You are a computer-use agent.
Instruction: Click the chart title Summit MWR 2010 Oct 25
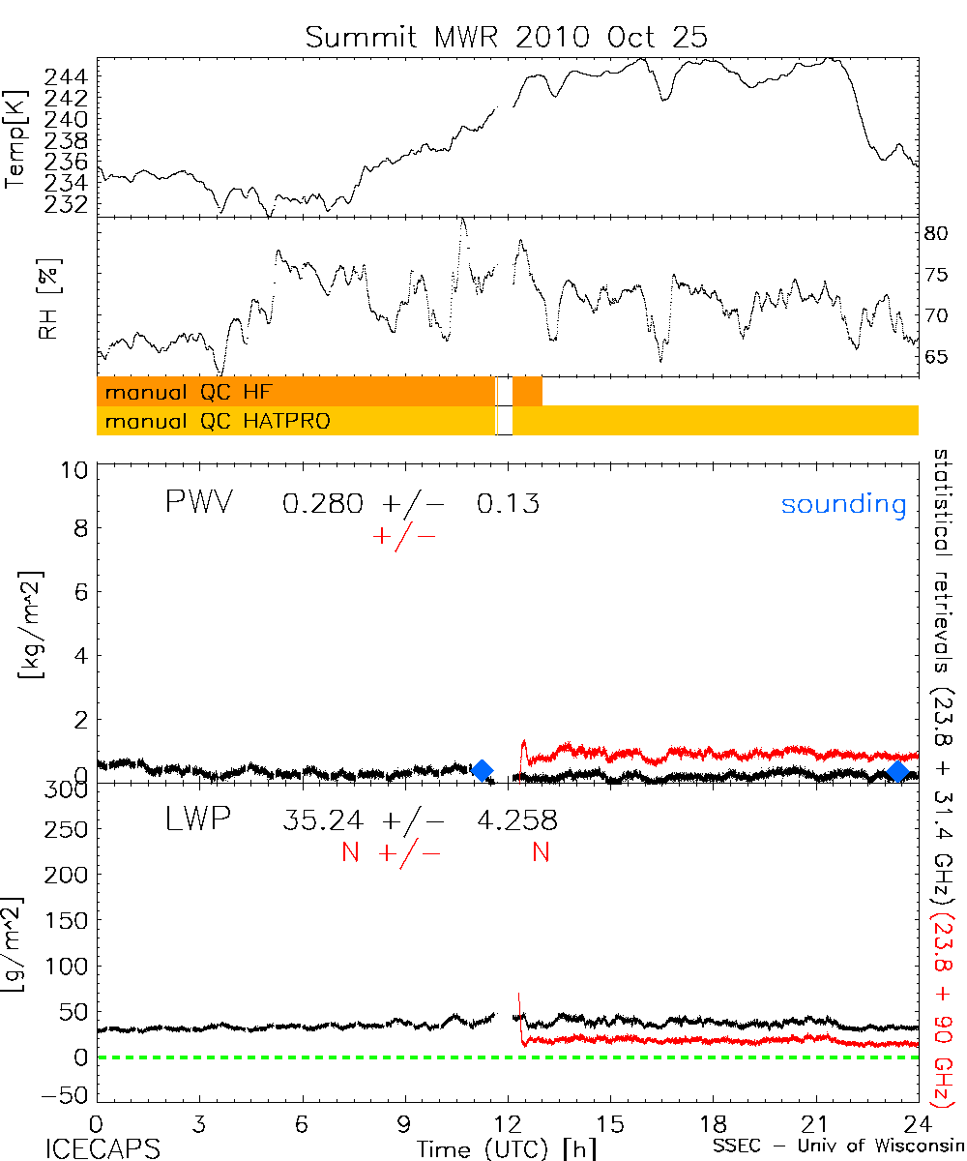507,37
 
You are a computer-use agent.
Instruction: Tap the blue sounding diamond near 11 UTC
482,770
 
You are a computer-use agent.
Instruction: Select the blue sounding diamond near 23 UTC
898,771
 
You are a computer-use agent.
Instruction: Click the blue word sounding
843,504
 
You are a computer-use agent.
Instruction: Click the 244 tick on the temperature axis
71,76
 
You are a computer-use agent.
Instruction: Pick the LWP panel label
196,820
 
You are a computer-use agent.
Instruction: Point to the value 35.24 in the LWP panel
323,821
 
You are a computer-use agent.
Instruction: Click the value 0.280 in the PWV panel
323,504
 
